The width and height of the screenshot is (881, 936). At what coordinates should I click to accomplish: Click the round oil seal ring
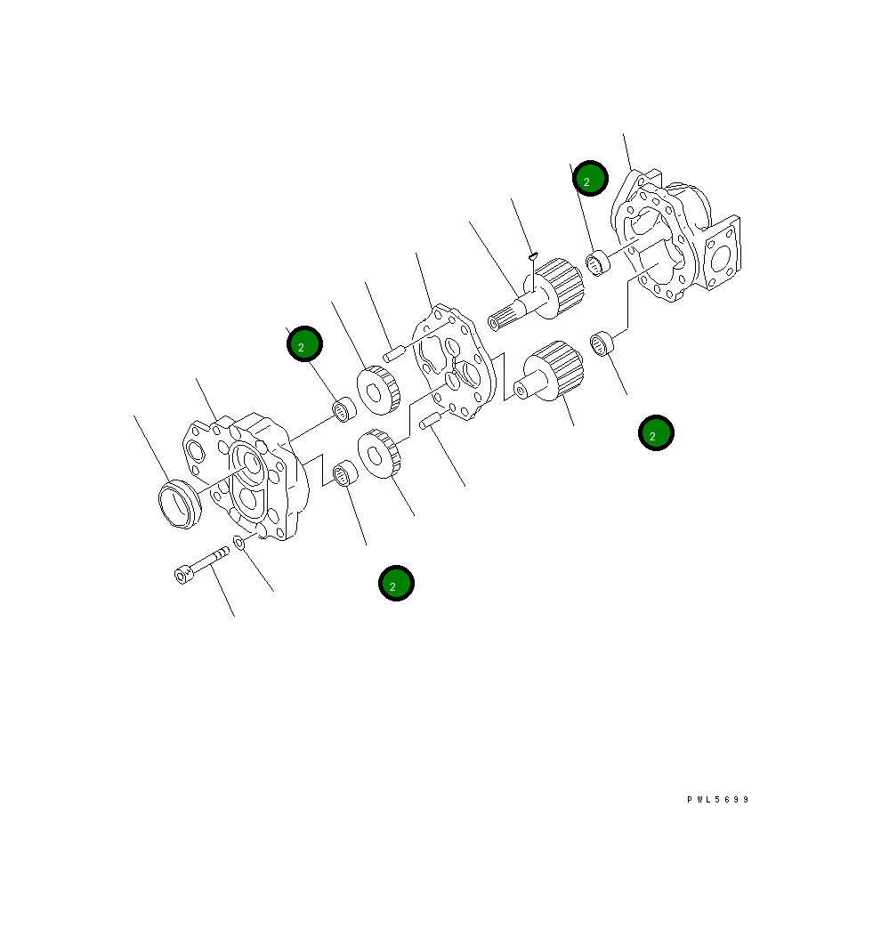pos(179,504)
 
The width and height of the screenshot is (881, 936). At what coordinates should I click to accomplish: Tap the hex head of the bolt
pos(183,576)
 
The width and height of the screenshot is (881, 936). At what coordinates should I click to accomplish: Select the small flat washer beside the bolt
pos(239,542)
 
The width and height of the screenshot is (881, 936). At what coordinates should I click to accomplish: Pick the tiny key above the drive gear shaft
pos(532,256)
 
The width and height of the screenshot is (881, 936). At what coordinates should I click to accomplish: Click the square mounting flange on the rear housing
pos(723,253)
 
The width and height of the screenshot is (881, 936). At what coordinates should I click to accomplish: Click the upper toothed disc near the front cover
pos(379,389)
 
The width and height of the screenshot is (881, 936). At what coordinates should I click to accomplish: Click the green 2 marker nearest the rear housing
pos(589,179)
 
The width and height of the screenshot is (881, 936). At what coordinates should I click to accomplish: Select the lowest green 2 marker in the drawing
pos(396,583)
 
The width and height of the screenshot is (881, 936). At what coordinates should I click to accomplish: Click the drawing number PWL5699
pos(718,800)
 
